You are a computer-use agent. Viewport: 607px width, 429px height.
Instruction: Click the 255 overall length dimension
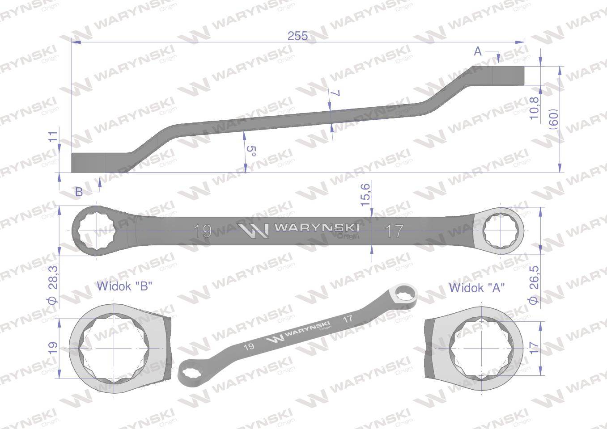click(x=297, y=36)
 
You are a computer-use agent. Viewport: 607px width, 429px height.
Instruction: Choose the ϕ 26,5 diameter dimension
click(x=533, y=286)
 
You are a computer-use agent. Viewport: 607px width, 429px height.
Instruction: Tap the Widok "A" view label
click(x=477, y=287)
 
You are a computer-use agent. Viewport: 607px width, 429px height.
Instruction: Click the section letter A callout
click(x=478, y=52)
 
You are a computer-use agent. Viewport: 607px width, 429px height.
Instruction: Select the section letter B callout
click(x=79, y=192)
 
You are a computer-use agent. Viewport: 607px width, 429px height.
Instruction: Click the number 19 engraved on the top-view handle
click(x=203, y=231)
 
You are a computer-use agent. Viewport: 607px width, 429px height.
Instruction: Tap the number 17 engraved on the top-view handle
click(x=394, y=231)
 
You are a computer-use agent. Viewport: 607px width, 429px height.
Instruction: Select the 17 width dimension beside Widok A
click(x=533, y=348)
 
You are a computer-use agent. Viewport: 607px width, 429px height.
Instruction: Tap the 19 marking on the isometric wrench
click(x=250, y=346)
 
